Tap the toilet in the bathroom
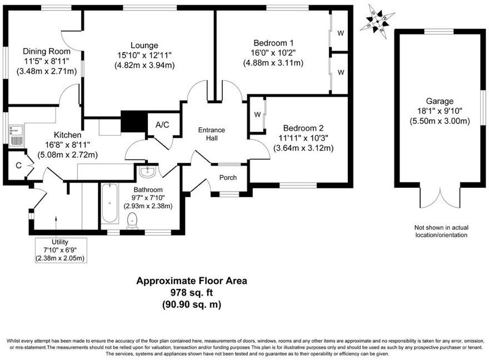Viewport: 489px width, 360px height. pyautogui.click(x=132, y=222)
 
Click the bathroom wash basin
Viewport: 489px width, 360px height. pyautogui.click(x=148, y=172)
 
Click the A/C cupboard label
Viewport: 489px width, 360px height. pyautogui.click(x=162, y=125)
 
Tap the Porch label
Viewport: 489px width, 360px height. pyautogui.click(x=228, y=178)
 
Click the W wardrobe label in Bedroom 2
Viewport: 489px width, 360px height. pyautogui.click(x=257, y=114)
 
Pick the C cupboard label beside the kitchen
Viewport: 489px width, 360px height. pyautogui.click(x=18, y=165)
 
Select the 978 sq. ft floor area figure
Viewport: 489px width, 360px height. pyautogui.click(x=192, y=292)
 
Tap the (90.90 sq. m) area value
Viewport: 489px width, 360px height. pyautogui.click(x=192, y=304)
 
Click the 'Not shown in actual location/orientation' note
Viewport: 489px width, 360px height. pyautogui.click(x=441, y=231)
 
